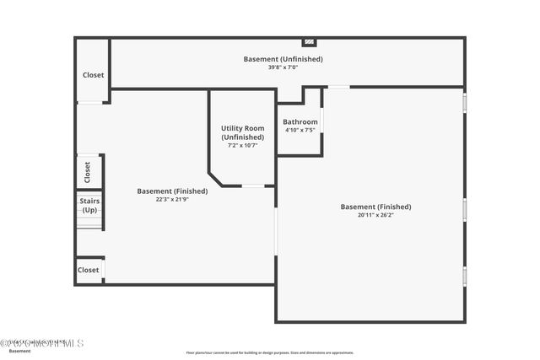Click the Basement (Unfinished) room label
click(283, 59)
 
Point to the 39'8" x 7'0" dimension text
click(283, 67)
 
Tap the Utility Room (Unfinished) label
click(243, 132)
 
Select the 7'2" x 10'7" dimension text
click(243, 145)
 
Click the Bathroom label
click(300, 121)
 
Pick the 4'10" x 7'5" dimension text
click(300, 130)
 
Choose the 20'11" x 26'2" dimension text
click(375, 215)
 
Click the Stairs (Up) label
click(89, 206)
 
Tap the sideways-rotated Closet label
click(88, 172)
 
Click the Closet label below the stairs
click(89, 270)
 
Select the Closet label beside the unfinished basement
click(93, 75)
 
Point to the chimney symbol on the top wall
click(310, 41)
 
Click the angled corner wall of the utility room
click(215, 179)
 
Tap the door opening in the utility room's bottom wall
click(253, 185)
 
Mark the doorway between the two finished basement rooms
click(276, 229)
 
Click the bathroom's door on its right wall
click(321, 121)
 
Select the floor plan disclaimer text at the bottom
click(269, 352)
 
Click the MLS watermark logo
click(42, 343)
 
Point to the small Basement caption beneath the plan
click(20, 351)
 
